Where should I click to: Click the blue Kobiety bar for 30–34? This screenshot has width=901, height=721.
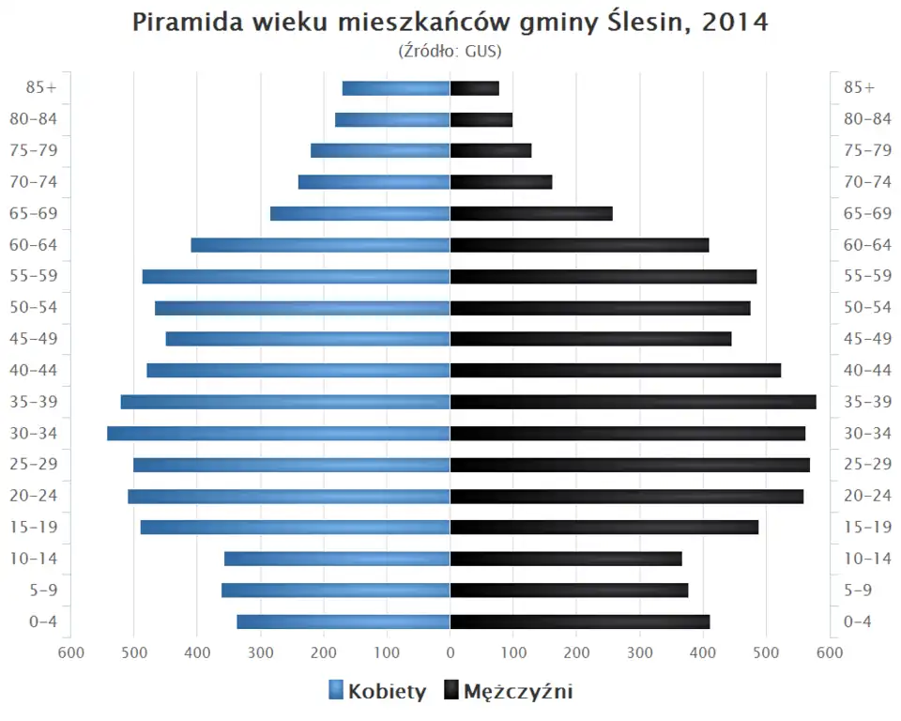[x=279, y=434]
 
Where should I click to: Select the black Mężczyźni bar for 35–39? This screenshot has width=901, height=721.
[x=633, y=402]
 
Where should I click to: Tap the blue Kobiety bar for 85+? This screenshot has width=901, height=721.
[x=396, y=88]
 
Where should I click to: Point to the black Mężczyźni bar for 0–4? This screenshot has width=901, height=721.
[x=580, y=621]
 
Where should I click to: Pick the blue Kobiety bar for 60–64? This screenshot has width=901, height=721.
[x=320, y=245]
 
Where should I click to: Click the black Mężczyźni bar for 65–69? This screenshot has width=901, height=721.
[x=531, y=214]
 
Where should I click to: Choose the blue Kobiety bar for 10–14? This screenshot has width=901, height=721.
[x=337, y=559]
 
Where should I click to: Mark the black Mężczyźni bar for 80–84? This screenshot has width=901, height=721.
[x=481, y=119]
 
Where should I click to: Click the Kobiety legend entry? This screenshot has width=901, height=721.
[x=377, y=692]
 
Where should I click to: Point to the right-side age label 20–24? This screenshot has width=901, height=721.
[x=867, y=496]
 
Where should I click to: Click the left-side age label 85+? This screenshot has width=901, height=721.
[x=41, y=87]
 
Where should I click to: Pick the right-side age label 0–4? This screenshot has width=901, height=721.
[x=858, y=621]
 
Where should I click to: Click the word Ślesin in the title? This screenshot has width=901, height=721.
[x=635, y=23]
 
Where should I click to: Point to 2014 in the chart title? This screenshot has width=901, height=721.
[x=733, y=23]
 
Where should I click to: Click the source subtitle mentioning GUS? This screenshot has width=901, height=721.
[x=450, y=51]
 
